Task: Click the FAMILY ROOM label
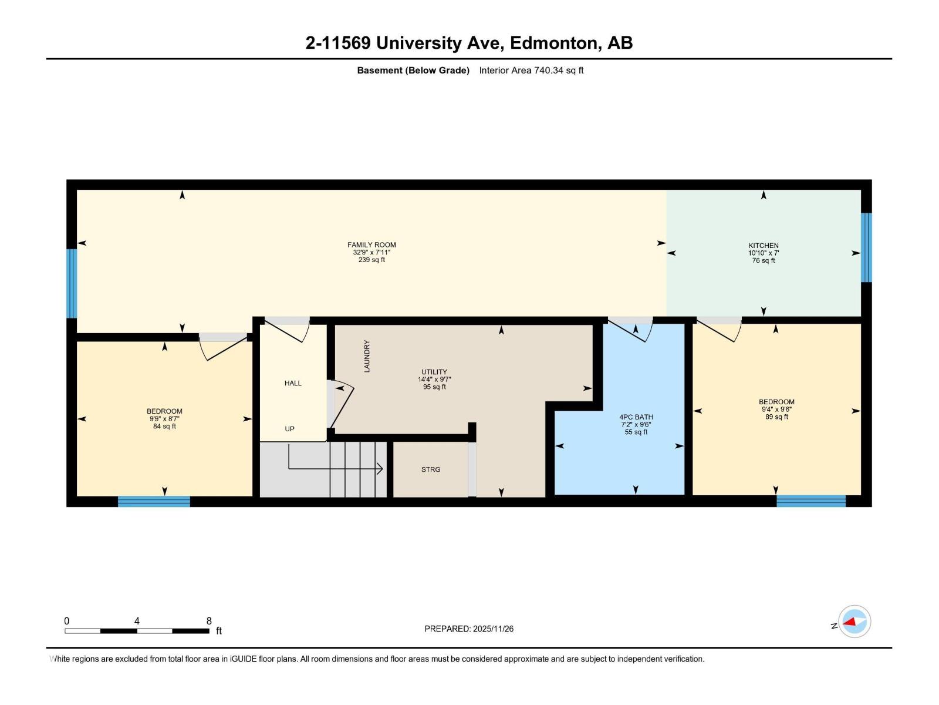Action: [371, 245]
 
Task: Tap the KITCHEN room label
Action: [763, 246]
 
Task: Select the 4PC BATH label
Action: [636, 417]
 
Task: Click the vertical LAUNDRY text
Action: [367, 356]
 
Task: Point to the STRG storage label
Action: [430, 469]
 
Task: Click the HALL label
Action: [293, 383]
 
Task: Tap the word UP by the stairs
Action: [289, 429]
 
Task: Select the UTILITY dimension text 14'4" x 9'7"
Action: [434, 380]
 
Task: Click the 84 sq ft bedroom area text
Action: [164, 427]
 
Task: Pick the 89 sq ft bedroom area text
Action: [776, 417]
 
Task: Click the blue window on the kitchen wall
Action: [866, 247]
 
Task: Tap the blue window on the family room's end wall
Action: [72, 283]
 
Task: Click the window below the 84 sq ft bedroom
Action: [154, 501]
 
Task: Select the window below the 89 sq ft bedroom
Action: [810, 501]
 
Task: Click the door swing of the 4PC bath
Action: [634, 331]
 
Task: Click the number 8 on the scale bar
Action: [209, 621]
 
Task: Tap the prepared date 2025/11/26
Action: [493, 629]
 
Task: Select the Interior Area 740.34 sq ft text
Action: [531, 70]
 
